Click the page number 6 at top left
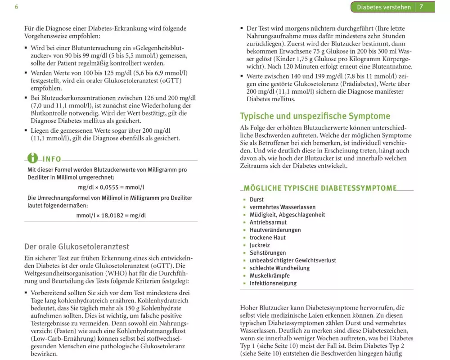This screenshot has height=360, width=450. tap(16, 7)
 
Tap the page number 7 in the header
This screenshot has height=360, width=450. tap(421, 7)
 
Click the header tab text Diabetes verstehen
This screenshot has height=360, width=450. tap(384, 7)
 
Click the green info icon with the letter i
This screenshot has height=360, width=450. tap(33, 158)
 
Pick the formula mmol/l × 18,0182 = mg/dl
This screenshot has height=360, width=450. tap(111, 215)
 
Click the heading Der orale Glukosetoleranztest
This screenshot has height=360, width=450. tap(76, 247)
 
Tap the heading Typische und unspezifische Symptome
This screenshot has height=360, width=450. tap(315, 116)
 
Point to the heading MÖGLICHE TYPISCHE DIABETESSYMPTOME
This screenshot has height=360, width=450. tap(320, 188)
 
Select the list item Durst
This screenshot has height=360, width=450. tap(256, 199)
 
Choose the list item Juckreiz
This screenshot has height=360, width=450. tap(260, 245)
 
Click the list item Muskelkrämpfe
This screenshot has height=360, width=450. tap(270, 276)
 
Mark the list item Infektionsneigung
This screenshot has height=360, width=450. tap(273, 283)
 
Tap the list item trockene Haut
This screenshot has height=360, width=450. tap(267, 238)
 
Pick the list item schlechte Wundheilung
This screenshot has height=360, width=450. tap(279, 268)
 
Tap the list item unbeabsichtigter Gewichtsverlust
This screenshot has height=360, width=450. tap(292, 261)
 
